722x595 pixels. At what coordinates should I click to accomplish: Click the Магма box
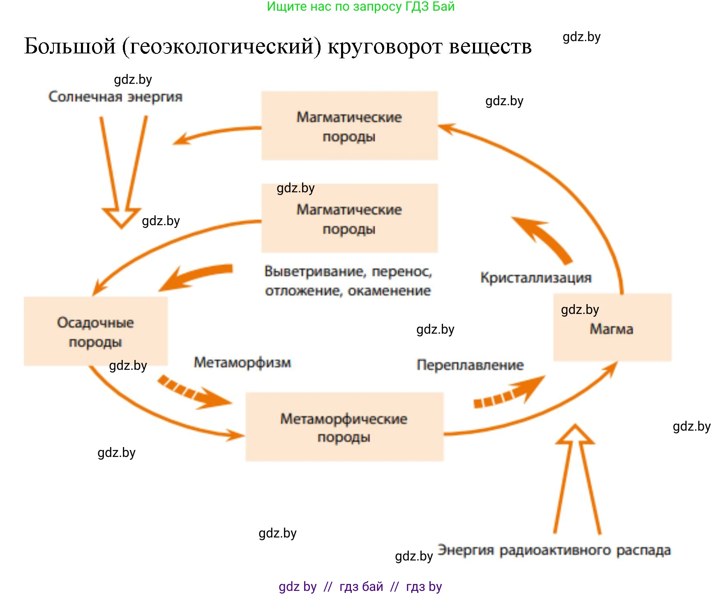(612, 327)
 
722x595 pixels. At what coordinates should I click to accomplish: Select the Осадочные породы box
(95, 331)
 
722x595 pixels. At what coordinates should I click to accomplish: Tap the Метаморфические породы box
(344, 427)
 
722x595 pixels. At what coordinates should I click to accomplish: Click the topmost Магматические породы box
(349, 126)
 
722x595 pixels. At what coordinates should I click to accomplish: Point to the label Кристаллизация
(536, 278)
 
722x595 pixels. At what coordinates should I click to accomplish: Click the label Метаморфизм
(242, 362)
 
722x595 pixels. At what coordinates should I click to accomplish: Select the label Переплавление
(470, 365)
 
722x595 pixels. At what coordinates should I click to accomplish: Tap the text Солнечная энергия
(115, 97)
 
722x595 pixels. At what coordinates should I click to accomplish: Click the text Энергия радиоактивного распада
(554, 550)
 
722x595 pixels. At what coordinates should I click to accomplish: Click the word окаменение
(389, 291)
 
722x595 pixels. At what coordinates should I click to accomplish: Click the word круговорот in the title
(385, 46)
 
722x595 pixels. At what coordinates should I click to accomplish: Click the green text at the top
(361, 7)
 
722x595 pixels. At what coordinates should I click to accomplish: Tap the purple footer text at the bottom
(360, 586)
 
